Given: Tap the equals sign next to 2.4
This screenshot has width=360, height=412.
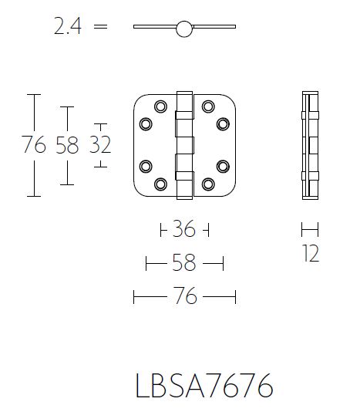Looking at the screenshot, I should tap(99, 28).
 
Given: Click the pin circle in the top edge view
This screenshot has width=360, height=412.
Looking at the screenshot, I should tap(183, 29).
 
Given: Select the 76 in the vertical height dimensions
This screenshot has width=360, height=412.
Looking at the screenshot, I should tap(34, 144).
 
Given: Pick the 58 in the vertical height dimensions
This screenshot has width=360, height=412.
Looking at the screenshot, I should tap(67, 144).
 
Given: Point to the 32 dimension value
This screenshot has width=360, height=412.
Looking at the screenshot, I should tap(100, 144).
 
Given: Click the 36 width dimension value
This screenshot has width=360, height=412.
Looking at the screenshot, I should tap(183, 230).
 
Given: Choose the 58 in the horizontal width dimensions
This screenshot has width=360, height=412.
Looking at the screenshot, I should tap(183, 264).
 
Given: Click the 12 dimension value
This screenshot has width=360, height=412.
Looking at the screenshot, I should tap(310, 254).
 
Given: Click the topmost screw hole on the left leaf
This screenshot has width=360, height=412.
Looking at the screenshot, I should tap(161, 106).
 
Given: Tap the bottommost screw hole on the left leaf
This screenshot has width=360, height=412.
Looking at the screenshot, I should tap(161, 184).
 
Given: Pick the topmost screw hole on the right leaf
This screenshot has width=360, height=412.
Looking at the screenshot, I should tap(208, 106).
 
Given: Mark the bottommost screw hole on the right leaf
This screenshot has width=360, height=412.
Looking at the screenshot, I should tap(208, 184).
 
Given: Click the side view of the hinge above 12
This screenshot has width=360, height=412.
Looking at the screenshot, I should tap(309, 145).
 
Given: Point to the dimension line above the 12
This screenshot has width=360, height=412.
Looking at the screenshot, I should tap(309, 229).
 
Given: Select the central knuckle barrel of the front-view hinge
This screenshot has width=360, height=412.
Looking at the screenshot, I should tap(184, 144).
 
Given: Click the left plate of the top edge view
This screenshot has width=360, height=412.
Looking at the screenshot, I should tap(155, 28).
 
